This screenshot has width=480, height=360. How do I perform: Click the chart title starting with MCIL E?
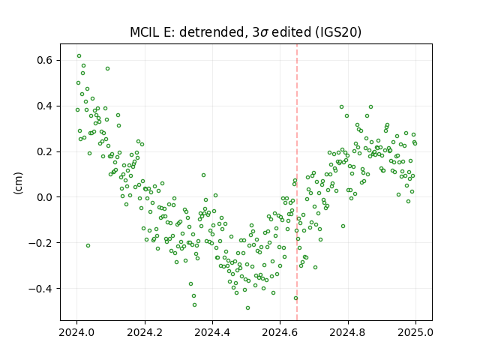[245, 32]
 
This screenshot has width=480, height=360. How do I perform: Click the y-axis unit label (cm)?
[18, 183]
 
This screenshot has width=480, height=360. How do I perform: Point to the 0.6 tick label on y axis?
[45, 60]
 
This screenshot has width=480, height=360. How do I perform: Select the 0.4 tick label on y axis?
[45, 106]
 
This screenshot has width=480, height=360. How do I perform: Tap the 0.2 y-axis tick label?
[45, 151]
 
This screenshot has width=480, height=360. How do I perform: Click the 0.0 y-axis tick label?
[45, 197]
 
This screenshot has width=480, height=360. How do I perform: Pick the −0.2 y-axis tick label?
[41, 243]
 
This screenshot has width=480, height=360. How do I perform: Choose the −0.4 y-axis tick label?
[41, 288]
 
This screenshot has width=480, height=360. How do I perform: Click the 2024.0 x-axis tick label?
[76, 332]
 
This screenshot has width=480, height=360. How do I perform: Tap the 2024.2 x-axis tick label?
[145, 332]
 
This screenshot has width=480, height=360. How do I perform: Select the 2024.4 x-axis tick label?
[212, 332]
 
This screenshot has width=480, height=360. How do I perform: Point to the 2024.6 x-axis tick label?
[280, 332]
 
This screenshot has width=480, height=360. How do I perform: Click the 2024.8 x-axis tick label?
[348, 332]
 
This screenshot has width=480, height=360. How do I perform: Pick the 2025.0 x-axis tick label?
[415, 332]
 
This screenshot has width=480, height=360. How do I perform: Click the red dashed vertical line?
[297, 182]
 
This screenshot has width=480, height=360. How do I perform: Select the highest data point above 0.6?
[79, 56]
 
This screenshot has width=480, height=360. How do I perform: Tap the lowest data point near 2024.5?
[247, 307]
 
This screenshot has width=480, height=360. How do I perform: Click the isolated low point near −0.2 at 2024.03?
[88, 245]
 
